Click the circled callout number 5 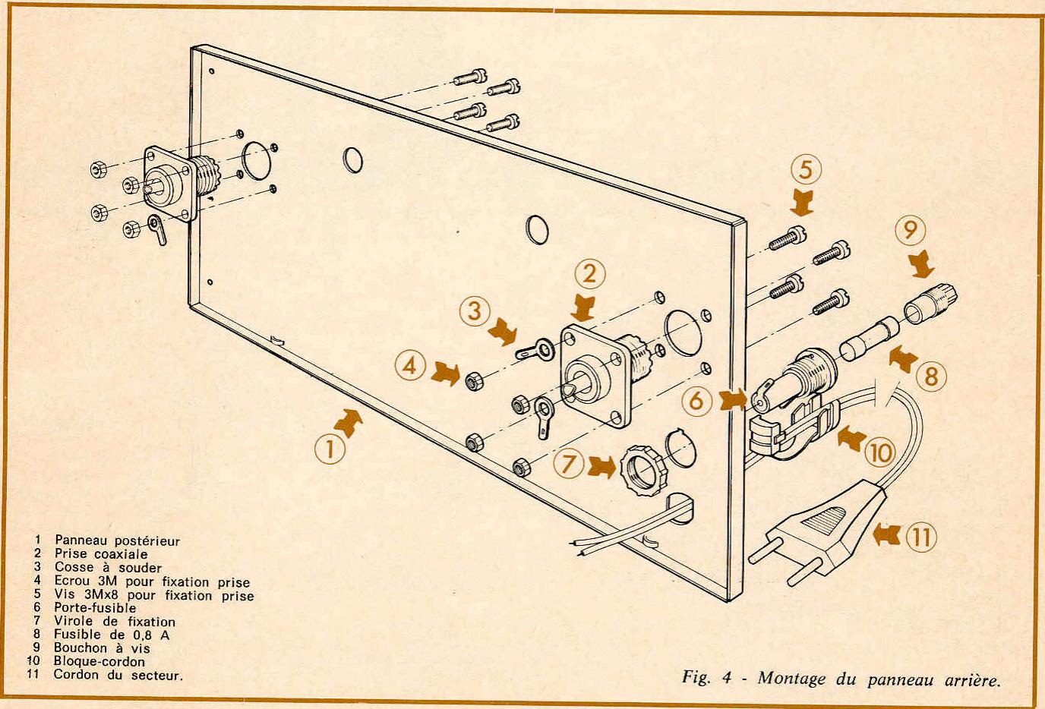[806, 169]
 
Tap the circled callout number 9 [910, 230]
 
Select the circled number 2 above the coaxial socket [589, 273]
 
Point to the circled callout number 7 [568, 464]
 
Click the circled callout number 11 [921, 537]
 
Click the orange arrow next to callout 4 [446, 373]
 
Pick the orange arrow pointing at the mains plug [887, 535]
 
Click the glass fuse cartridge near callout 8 [869, 339]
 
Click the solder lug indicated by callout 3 [535, 350]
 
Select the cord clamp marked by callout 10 [793, 429]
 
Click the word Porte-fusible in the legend [95, 607]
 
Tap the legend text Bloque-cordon [99, 661]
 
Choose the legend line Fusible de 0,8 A [112, 635]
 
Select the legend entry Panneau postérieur [117, 540]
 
